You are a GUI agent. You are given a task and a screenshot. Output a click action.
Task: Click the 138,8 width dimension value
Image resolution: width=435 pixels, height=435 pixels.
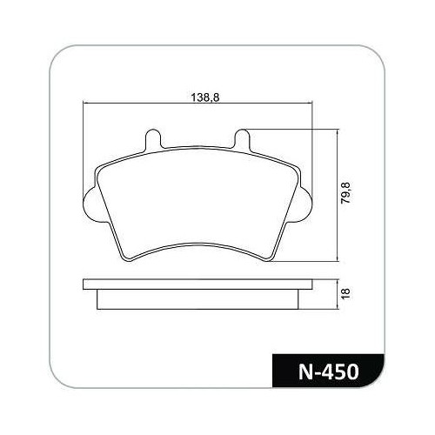point(205,97)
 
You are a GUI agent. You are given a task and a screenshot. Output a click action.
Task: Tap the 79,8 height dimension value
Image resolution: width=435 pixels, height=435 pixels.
point(345,193)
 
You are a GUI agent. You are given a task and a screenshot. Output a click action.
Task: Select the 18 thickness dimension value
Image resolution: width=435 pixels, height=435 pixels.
point(346,293)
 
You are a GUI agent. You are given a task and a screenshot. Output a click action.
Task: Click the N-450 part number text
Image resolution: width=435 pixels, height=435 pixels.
point(329,371)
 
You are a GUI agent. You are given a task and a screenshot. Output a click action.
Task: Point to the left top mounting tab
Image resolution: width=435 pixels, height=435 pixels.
point(152,139)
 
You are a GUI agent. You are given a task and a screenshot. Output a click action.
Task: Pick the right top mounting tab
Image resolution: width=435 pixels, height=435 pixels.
point(242,139)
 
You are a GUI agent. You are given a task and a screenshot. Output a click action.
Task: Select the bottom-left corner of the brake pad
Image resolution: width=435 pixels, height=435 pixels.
point(128,260)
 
